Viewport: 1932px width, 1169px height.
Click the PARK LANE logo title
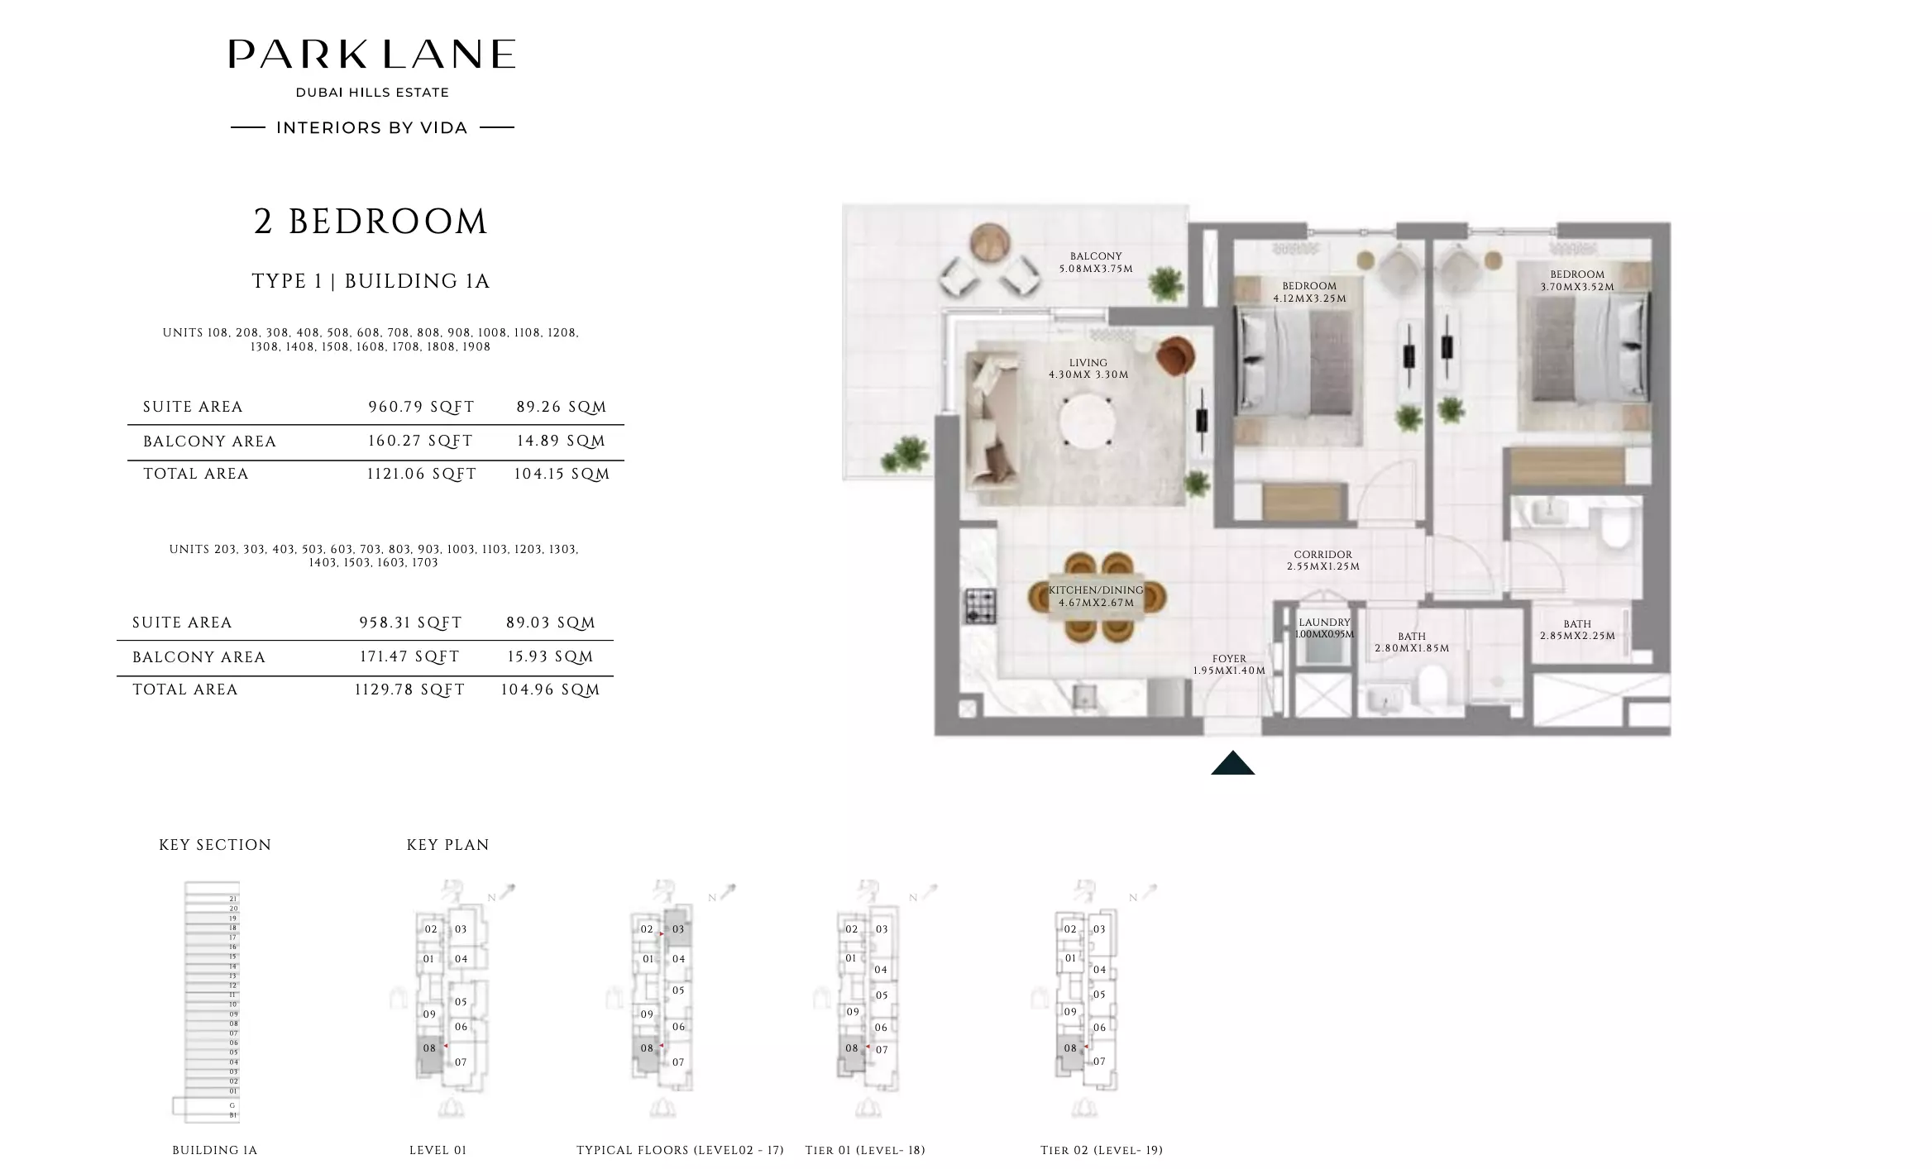pos(371,55)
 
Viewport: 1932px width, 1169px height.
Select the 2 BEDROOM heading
pos(371,222)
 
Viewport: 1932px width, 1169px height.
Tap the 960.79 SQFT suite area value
pos(421,407)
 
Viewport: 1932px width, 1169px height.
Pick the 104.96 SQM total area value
pos(550,689)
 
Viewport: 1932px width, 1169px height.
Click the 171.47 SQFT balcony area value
pos(409,656)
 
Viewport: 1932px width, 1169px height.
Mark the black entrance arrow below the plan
pos(1232,763)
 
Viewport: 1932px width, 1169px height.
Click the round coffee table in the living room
pos(1086,421)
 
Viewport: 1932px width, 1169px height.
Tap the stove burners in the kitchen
pos(980,606)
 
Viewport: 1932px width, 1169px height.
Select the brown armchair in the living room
pos(1175,355)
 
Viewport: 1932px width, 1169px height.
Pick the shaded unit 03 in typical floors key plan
pos(678,929)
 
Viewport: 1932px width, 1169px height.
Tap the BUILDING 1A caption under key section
pos(214,1150)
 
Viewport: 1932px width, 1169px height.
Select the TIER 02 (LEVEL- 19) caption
pos(1101,1150)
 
